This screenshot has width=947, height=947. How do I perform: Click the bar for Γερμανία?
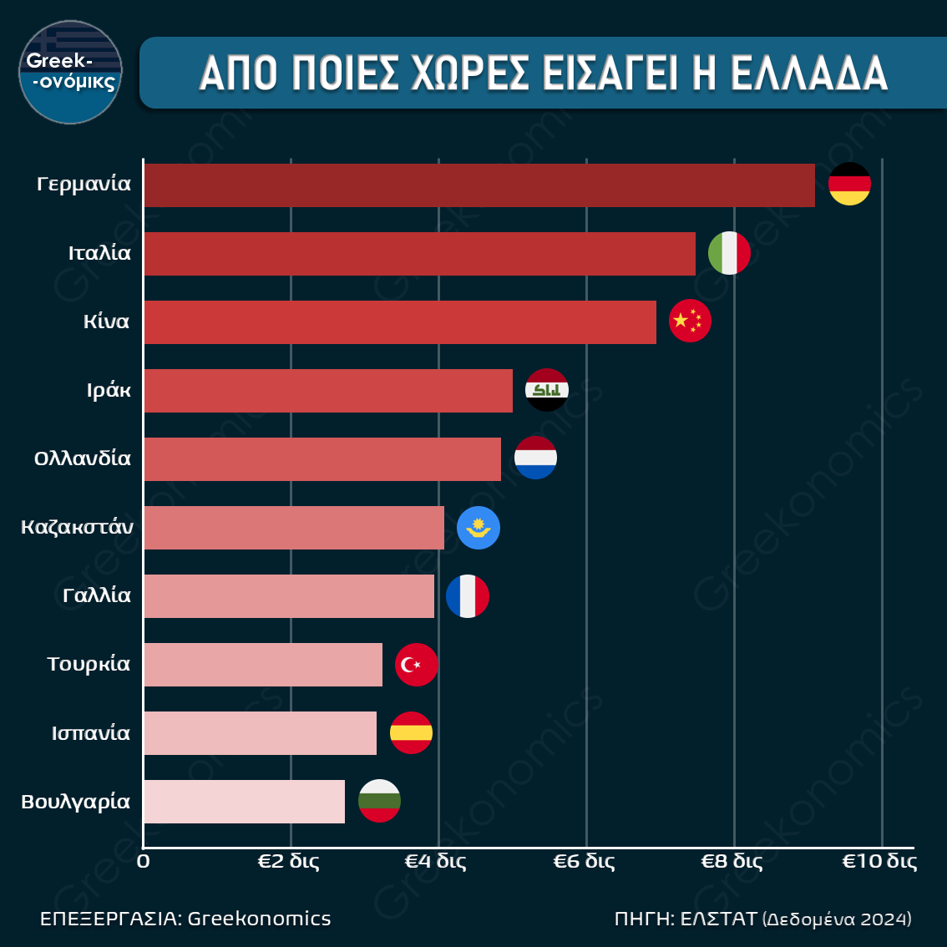(479, 185)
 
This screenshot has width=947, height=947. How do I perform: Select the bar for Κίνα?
(400, 322)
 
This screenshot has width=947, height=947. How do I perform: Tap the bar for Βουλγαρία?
(244, 802)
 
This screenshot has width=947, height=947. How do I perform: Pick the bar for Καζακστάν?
(294, 528)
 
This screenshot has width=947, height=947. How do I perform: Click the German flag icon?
(849, 185)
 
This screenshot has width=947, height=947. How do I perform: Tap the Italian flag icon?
(729, 253)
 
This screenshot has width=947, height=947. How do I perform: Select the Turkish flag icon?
(416, 665)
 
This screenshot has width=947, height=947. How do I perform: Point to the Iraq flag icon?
(547, 390)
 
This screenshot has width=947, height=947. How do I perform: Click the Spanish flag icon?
(411, 733)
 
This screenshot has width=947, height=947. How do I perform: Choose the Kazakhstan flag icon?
(479, 528)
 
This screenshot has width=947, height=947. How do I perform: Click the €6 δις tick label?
(584, 861)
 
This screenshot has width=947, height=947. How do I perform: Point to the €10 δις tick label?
(879, 861)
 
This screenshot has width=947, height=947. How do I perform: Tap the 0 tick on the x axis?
(144, 861)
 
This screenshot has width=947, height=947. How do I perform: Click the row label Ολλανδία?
(83, 458)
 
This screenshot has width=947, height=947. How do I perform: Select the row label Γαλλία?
(97, 595)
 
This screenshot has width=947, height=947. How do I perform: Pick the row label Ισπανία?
(91, 733)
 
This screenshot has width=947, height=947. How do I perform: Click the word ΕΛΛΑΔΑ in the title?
(809, 73)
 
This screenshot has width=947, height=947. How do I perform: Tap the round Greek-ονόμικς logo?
(71, 73)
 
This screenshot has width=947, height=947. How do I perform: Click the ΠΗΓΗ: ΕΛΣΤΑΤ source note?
(762, 919)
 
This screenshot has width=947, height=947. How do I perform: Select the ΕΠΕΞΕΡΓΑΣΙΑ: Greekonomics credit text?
(185, 919)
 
